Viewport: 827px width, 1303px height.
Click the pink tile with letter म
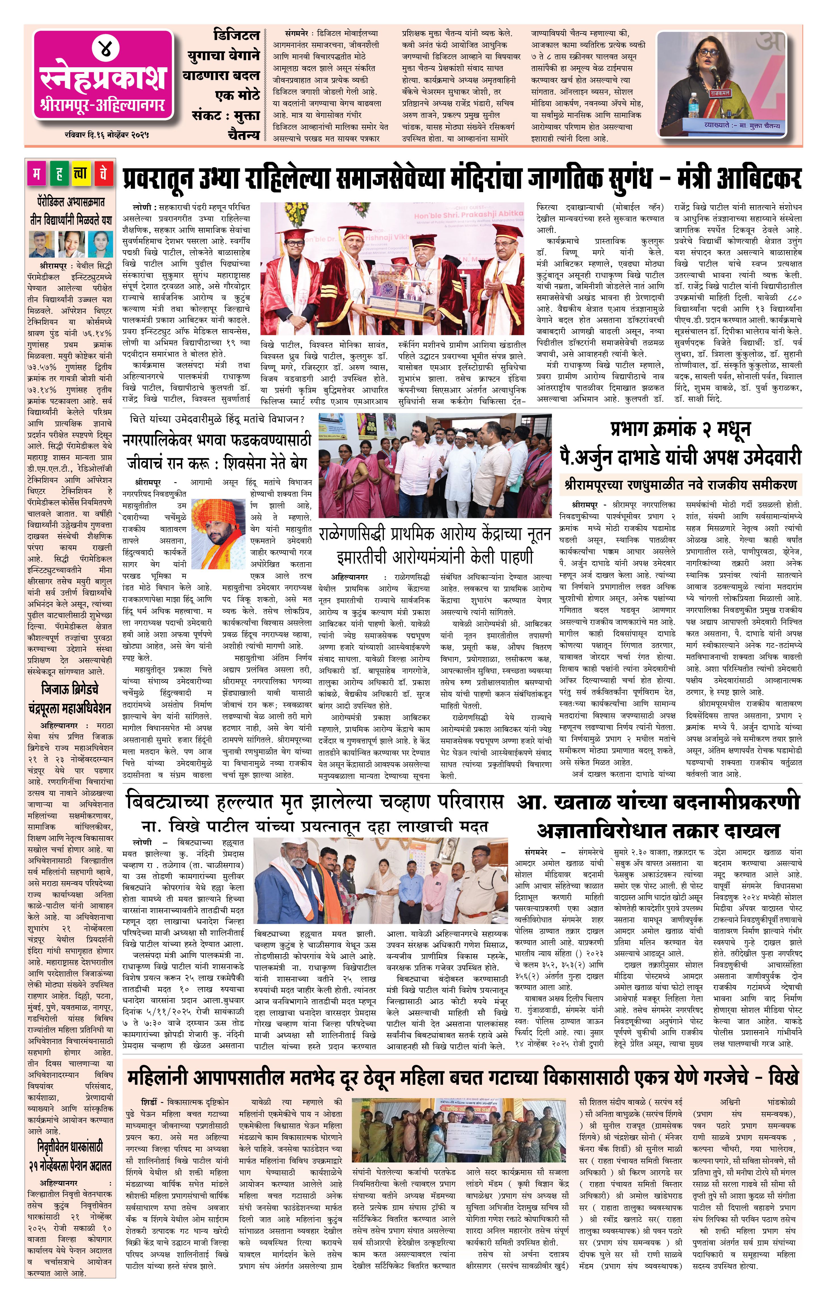[x=36, y=173]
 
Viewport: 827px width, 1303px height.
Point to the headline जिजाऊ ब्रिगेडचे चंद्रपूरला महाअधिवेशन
[x=69, y=698]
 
